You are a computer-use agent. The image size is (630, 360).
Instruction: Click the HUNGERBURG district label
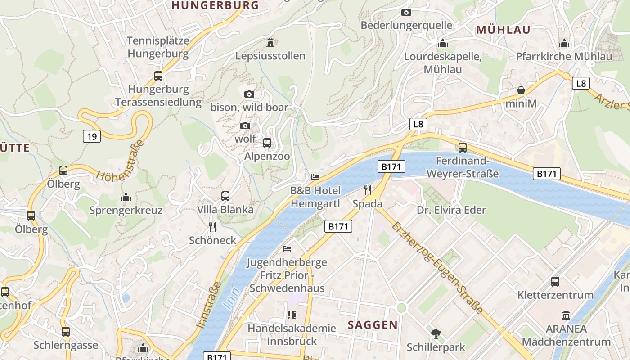coord(216,5)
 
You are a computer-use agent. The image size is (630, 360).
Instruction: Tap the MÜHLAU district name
coord(503,30)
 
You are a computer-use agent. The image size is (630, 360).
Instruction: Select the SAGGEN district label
coord(373,324)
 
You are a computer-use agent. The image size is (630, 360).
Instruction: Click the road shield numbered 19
coord(92,136)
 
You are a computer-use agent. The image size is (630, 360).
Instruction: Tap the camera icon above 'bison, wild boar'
coord(249,94)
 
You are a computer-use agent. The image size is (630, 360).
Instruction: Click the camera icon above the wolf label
coord(245,126)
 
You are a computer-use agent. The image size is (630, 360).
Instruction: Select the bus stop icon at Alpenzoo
coord(267,143)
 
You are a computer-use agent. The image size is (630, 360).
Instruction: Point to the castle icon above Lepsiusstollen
coord(270,43)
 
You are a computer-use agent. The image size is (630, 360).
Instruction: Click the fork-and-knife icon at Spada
coord(368,190)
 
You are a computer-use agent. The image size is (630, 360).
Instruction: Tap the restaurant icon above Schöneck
coord(213,227)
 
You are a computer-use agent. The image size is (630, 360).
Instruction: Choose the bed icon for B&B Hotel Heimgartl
coord(315,177)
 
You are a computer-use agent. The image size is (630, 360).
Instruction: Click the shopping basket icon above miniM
coord(521,90)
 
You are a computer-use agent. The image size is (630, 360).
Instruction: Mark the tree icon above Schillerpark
coord(436,334)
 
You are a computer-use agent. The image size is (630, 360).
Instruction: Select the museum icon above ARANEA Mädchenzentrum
coord(566,315)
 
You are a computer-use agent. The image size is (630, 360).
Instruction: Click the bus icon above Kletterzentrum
coord(555,282)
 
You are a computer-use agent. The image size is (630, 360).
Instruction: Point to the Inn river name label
coord(231,298)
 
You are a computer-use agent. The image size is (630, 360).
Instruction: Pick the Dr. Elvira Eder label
coord(451,210)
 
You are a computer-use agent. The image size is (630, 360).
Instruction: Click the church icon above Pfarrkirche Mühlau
coord(564,43)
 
